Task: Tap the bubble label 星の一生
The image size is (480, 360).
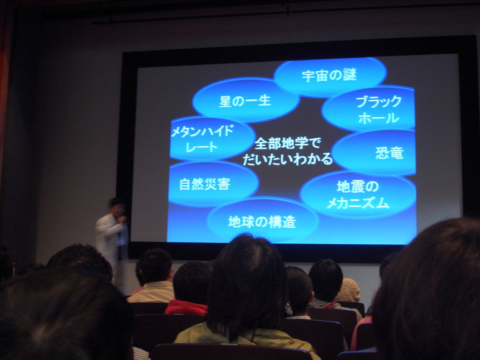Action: [x=245, y=101]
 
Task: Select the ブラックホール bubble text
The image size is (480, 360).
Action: [x=379, y=110]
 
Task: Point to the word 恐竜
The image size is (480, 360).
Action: [x=390, y=153]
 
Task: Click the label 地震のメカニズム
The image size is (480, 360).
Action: [x=358, y=195]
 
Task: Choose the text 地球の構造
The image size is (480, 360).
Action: [x=262, y=222]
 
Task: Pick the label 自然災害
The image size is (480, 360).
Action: [x=204, y=184]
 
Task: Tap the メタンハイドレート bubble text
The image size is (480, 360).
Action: [x=202, y=139]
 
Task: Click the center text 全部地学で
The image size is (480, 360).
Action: [x=287, y=143]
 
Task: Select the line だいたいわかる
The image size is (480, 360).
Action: [x=287, y=159]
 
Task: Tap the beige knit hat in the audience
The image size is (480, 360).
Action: [x=348, y=290]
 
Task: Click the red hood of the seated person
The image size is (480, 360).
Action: [x=187, y=307]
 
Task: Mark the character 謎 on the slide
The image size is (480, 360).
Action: [x=350, y=75]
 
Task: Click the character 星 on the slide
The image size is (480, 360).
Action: [x=225, y=101]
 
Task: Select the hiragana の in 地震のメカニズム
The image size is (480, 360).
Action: [x=372, y=187]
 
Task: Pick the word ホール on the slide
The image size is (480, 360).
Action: [x=379, y=118]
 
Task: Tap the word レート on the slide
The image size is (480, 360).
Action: [x=202, y=147]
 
